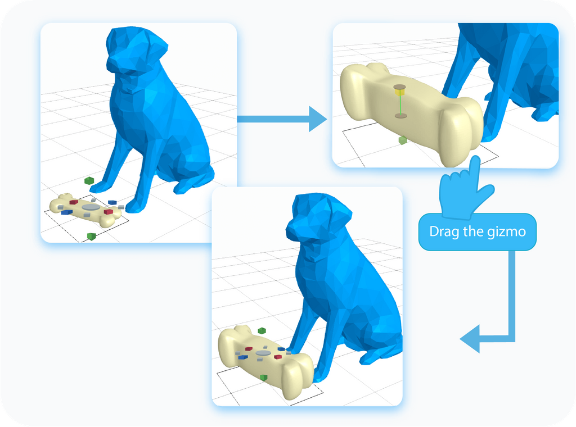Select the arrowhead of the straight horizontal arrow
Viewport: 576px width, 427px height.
point(318,119)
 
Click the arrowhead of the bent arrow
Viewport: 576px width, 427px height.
point(470,339)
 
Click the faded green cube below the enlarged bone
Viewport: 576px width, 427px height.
point(403,140)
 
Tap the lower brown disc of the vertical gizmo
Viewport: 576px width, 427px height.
point(400,116)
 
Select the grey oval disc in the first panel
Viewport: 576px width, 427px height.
point(91,207)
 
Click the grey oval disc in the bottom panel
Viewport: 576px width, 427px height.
point(263,353)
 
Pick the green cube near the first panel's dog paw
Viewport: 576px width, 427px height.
point(89,180)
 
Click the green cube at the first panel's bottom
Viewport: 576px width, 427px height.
point(92,237)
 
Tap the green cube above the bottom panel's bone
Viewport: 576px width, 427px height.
point(262,331)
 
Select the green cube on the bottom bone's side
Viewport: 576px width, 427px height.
point(263,378)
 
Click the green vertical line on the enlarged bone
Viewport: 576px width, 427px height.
point(400,105)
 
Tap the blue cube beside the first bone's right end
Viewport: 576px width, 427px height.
point(112,202)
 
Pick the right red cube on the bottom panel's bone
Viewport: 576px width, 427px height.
point(278,357)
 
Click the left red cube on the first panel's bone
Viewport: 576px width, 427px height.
point(74,202)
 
